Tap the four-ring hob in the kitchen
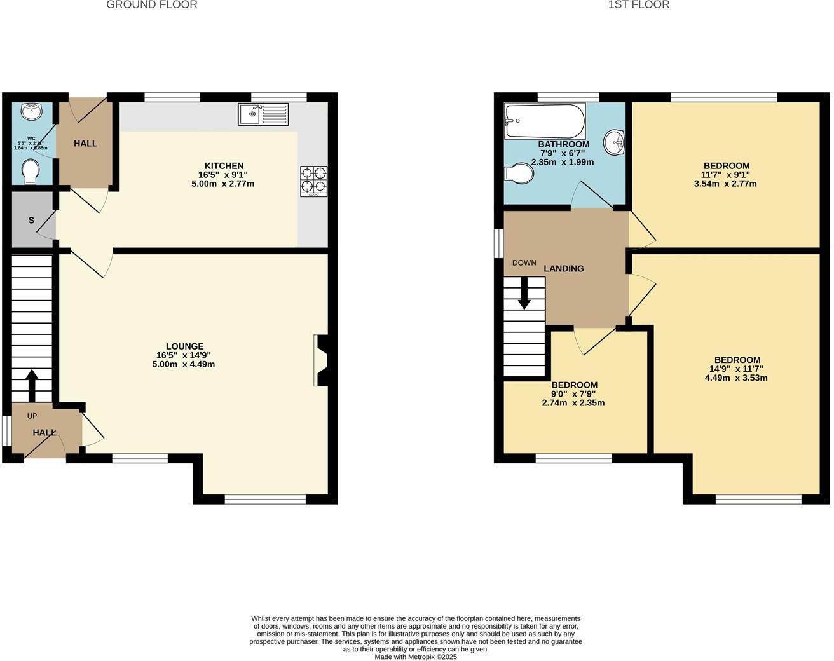pyautogui.click(x=314, y=181)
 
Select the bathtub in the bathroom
pyautogui.click(x=545, y=121)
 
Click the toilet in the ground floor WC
pyautogui.click(x=30, y=171)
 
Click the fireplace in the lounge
pyautogui.click(x=320, y=360)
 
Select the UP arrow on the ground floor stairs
pyautogui.click(x=31, y=383)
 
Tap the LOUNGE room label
pyautogui.click(x=184, y=346)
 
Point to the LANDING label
pyautogui.click(x=563, y=269)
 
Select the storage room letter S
pyautogui.click(x=31, y=221)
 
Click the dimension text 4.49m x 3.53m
pyautogui.click(x=736, y=378)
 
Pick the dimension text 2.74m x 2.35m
pyautogui.click(x=573, y=402)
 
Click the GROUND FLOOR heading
pyautogui.click(x=151, y=5)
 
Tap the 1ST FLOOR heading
pyautogui.click(x=638, y=5)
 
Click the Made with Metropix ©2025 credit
pyautogui.click(x=416, y=657)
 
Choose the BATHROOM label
pyautogui.click(x=563, y=144)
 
